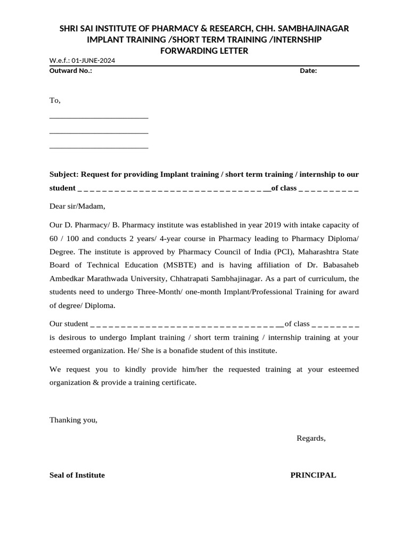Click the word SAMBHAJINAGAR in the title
tap(316, 28)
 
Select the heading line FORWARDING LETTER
tap(204, 51)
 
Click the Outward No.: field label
tap(71, 71)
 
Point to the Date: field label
tap(308, 71)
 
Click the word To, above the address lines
tap(55, 101)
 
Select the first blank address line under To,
tap(99, 117)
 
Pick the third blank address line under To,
tap(99, 147)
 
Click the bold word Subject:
tap(64, 174)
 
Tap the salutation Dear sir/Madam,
tap(78, 206)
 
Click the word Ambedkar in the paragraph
tap(66, 278)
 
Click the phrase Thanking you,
tap(73, 420)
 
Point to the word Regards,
tap(311, 438)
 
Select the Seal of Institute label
tap(77, 475)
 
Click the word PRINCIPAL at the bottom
tap(313, 475)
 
